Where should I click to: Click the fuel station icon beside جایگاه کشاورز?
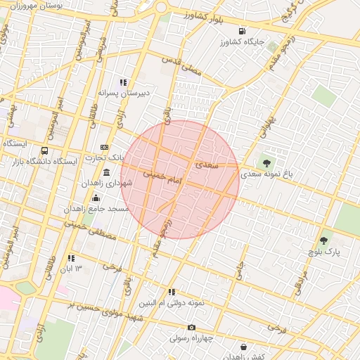tap(243, 31)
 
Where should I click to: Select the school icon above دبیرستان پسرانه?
tap(124, 82)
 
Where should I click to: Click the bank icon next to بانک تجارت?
tap(105, 147)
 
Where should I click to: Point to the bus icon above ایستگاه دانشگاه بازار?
tap(45, 150)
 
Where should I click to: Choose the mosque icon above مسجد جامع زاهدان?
tap(96, 198)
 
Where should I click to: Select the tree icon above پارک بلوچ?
tap(323, 240)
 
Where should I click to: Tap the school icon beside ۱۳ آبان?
tap(71, 259)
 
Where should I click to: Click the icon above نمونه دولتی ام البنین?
tap(172, 292)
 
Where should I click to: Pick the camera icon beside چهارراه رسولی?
tap(191, 327)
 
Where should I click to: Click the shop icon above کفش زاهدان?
tap(243, 347)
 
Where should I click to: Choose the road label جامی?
tap(239, 269)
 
